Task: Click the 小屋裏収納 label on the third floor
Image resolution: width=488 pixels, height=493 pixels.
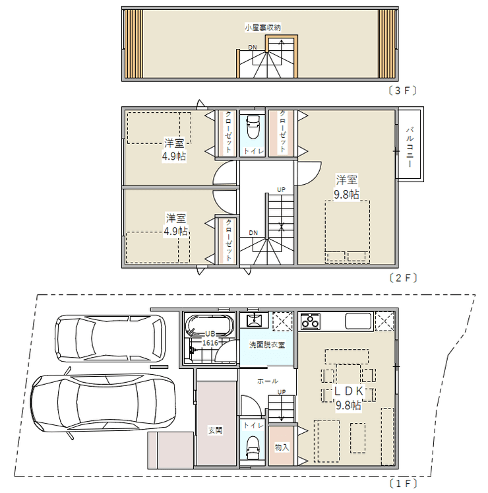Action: (262, 28)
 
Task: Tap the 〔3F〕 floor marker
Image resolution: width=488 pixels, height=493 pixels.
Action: (402, 90)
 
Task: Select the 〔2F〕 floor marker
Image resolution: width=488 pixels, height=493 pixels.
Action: (403, 278)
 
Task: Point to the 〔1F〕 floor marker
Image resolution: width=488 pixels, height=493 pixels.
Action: (403, 483)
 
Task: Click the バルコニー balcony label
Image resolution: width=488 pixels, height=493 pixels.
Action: (410, 147)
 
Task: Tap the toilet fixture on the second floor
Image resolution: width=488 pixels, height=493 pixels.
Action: (253, 127)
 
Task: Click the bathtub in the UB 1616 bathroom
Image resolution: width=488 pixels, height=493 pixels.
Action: (210, 326)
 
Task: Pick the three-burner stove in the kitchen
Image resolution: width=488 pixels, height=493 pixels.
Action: (310, 321)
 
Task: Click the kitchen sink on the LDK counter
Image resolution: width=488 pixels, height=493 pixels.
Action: (358, 321)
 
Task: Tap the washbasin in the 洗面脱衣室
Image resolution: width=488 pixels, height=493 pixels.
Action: (253, 320)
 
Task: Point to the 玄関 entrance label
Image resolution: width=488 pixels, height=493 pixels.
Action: (215, 430)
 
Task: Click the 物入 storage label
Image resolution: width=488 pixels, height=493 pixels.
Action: (282, 447)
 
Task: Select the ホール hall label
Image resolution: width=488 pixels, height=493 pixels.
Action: (267, 381)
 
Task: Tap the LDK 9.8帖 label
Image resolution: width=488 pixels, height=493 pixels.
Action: (348, 398)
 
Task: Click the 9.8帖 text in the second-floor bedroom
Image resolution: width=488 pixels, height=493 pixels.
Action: (346, 194)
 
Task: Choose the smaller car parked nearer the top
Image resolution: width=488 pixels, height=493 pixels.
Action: (110, 339)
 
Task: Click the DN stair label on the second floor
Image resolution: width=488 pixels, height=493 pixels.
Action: (253, 233)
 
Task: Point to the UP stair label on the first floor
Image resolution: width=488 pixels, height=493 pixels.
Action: (282, 392)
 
